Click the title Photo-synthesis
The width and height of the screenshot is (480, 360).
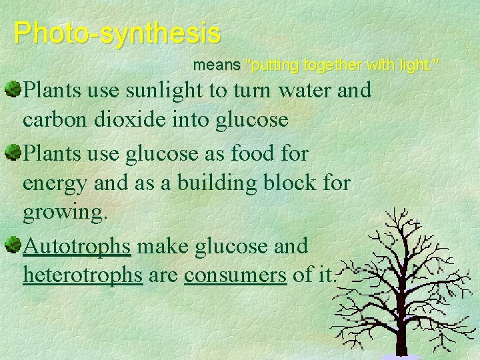[117, 32]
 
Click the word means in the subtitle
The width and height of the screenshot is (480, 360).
[217, 65]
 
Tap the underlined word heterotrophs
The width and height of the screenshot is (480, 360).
[83, 275]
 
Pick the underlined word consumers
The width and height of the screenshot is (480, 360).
[235, 275]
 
